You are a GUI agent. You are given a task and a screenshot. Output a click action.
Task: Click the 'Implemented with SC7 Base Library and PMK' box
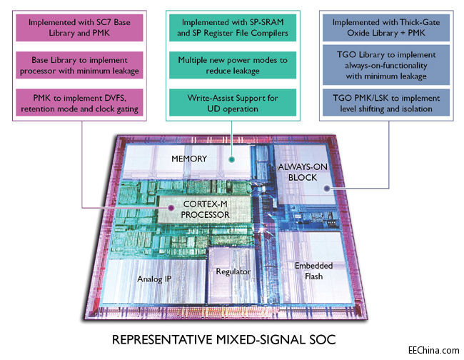tap(83, 28)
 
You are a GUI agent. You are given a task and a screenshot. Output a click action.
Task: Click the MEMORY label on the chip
tap(190, 158)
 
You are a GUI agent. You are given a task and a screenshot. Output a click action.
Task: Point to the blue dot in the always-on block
tap(325, 189)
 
